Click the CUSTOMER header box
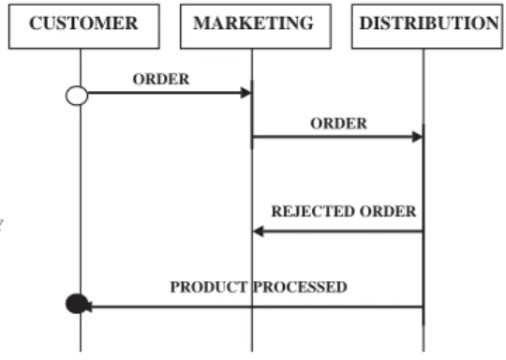[x=84, y=26]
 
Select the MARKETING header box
[x=256, y=26]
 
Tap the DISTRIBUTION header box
[x=427, y=26]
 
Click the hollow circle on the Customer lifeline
[x=77, y=96]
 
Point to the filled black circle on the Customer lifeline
[x=77, y=304]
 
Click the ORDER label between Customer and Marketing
[x=161, y=79]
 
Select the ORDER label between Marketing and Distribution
[x=339, y=124]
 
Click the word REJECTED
[x=313, y=212]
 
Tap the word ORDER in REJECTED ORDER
[x=388, y=212]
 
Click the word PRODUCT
[x=209, y=287]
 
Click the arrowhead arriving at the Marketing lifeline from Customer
[x=246, y=93]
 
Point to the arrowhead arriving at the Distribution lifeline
[x=418, y=137]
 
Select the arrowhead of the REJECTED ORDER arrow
[x=259, y=232]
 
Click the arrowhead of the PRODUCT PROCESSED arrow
[x=89, y=307]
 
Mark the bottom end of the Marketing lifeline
[x=252, y=352]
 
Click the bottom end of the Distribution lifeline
[x=424, y=352]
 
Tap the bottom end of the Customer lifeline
[x=81, y=352]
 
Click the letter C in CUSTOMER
[x=36, y=23]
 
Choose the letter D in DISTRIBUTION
[x=366, y=23]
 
